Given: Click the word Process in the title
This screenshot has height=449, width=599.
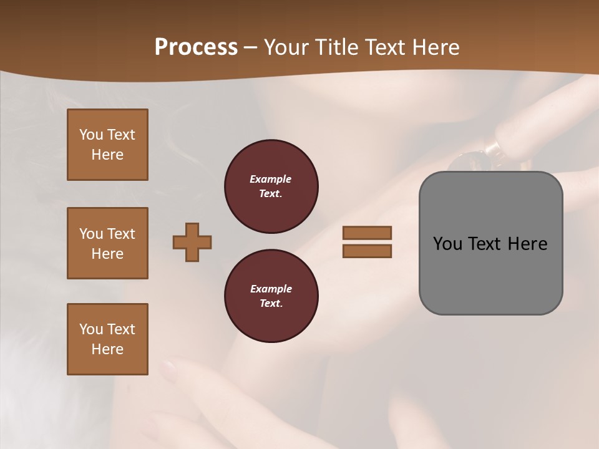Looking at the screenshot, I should click(x=196, y=47).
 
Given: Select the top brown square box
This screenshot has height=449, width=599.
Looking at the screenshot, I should click(x=107, y=145).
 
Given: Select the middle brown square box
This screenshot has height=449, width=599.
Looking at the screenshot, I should click(x=107, y=243).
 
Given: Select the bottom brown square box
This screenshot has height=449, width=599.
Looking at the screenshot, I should click(x=107, y=339).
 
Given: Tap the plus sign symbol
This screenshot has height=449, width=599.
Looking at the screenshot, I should click(x=192, y=242).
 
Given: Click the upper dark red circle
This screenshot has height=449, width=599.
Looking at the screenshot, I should click(x=271, y=186).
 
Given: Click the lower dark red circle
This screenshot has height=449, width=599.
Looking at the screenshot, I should click(x=271, y=296).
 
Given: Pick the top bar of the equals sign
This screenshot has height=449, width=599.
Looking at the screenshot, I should click(x=367, y=233).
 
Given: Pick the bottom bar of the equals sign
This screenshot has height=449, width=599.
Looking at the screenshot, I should click(x=367, y=251).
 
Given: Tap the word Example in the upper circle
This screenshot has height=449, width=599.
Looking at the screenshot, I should click(x=270, y=179).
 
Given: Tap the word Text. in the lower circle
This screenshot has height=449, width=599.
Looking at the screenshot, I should click(x=271, y=303).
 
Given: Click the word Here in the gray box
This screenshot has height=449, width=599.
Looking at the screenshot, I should click(x=527, y=243).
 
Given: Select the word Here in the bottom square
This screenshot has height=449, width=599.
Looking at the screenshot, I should click(x=107, y=349).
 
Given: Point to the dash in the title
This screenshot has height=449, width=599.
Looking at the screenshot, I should click(x=251, y=47).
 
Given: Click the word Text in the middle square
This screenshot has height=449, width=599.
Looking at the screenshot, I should click(x=121, y=234).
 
